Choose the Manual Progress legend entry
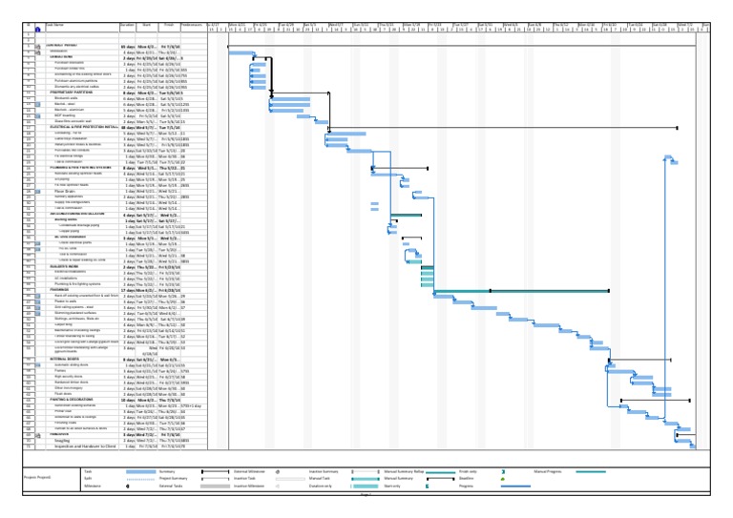click(551, 470)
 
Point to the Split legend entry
click(87, 478)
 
